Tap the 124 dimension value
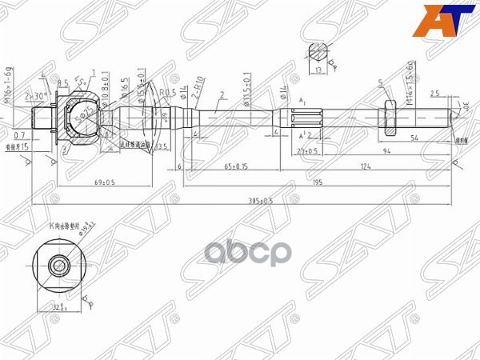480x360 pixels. [366, 166]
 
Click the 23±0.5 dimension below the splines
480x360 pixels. [307, 150]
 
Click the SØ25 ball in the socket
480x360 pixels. [81, 118]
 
